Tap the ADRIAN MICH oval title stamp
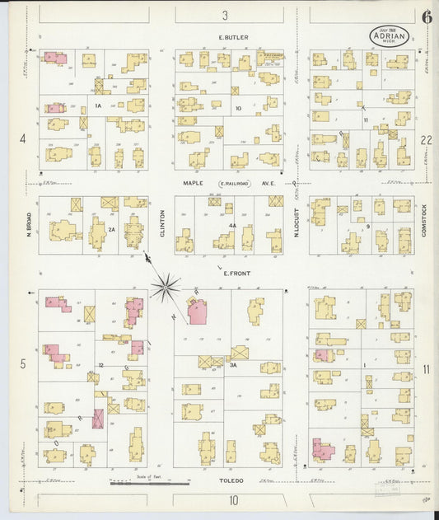click(x=389, y=36)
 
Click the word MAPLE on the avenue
click(x=194, y=184)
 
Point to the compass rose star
click(x=166, y=288)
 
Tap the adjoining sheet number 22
click(x=426, y=140)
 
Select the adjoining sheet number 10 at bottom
click(x=234, y=499)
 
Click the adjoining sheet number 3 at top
click(x=224, y=15)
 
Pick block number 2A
click(x=112, y=230)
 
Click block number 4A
click(x=232, y=226)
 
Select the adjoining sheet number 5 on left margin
click(x=23, y=363)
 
